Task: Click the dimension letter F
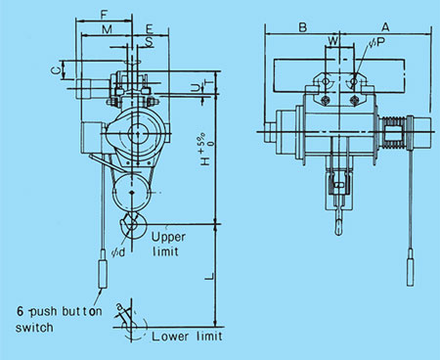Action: [x=104, y=17]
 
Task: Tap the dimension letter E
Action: [x=149, y=32]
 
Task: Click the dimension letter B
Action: [x=303, y=26]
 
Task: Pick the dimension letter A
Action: [x=384, y=26]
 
